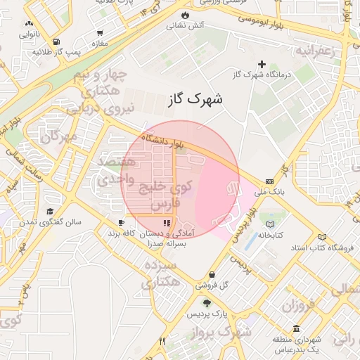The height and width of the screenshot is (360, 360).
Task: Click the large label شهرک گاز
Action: pos(195,99)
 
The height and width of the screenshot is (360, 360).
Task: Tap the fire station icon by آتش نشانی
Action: pos(184,14)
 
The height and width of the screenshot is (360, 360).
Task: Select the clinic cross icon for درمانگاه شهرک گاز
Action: pos(262,64)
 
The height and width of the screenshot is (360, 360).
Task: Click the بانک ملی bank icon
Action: pos(269,181)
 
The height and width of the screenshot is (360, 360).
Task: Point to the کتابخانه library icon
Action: pos(271,224)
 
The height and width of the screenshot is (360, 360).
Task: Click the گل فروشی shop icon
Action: pos(212,274)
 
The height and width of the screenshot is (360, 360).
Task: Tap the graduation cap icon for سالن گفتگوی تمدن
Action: pos(50,212)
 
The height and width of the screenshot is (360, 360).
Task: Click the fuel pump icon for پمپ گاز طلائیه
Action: pos(56,41)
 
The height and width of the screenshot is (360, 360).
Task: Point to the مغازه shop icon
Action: pos(101,32)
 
